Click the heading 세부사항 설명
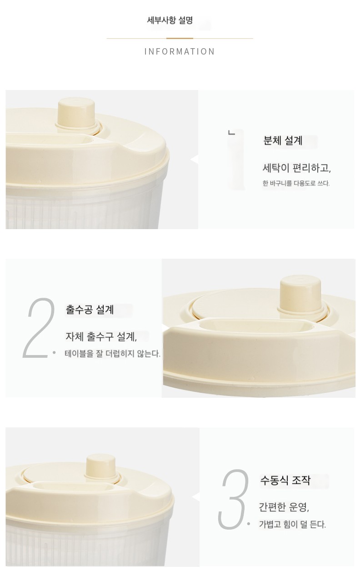(x=170, y=20)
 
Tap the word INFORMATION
(x=180, y=51)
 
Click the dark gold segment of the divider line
(x=180, y=38)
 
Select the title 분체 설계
(x=283, y=140)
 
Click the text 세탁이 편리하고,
(x=296, y=168)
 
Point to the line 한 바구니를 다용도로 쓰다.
(x=296, y=183)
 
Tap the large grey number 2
(x=39, y=328)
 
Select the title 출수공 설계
(x=90, y=309)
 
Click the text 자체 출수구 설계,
(x=101, y=336)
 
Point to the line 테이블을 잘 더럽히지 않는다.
(x=112, y=354)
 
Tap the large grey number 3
(x=233, y=499)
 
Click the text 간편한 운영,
(x=284, y=507)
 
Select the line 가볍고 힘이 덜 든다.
(x=292, y=524)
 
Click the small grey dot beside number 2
(x=54, y=352)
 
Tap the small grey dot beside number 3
(x=248, y=524)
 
